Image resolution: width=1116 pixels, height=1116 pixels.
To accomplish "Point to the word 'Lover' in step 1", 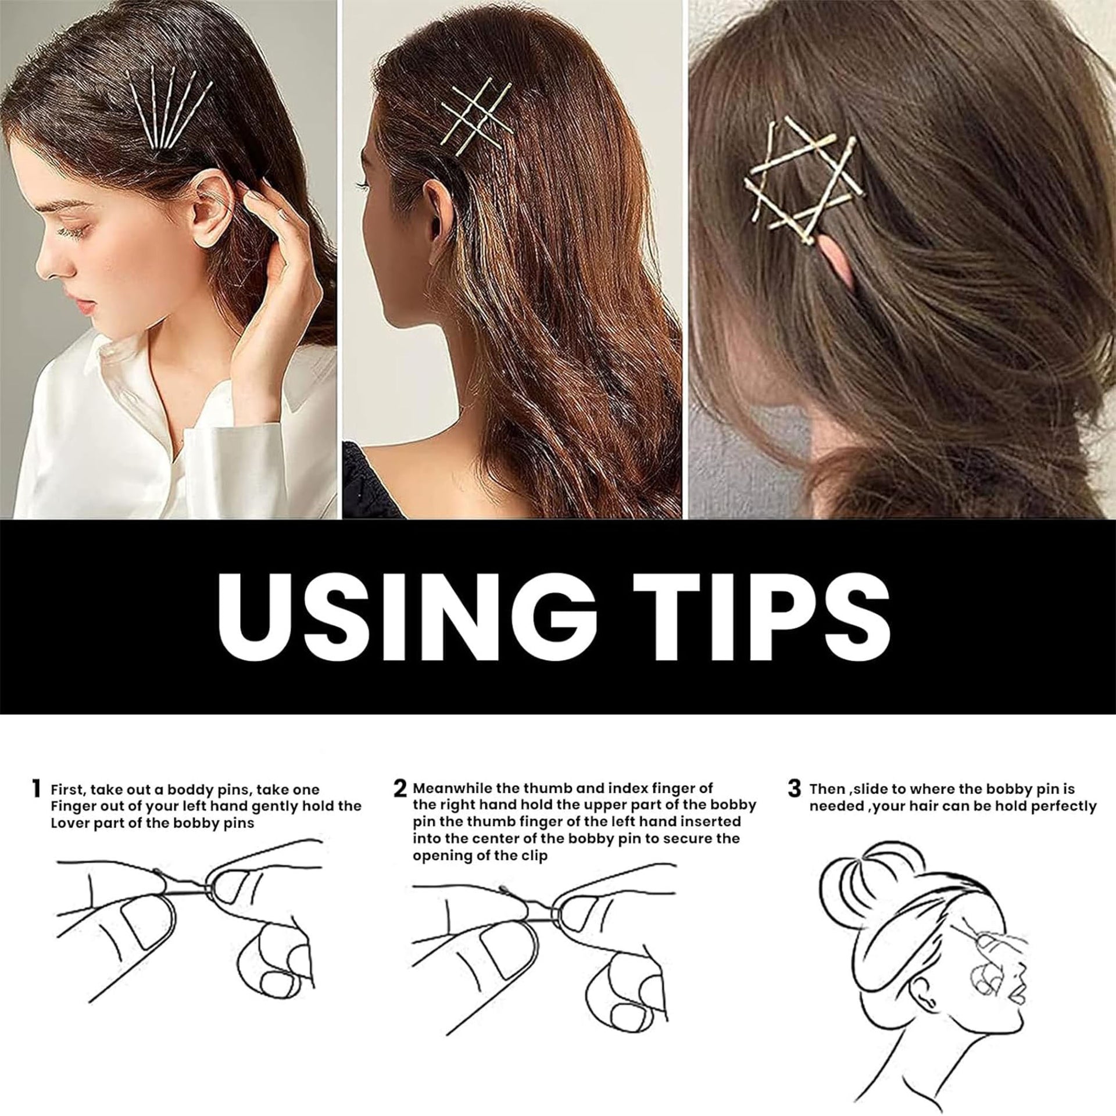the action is click(x=70, y=823).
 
